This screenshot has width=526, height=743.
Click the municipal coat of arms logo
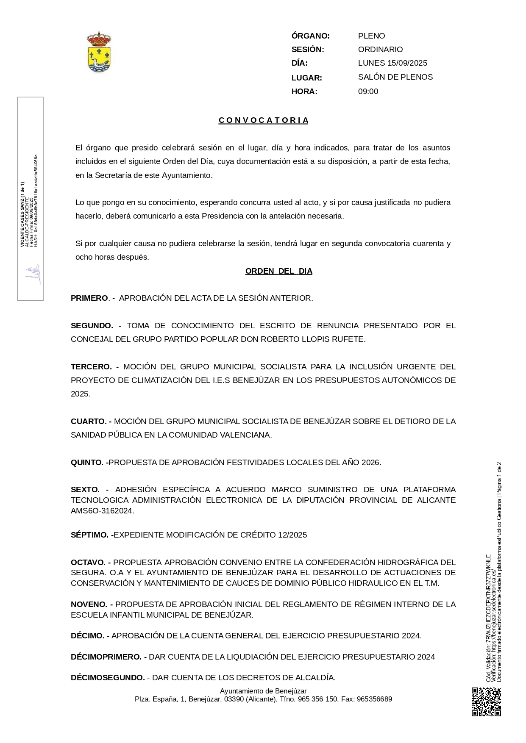[99, 52]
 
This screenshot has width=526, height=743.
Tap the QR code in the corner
[486, 702]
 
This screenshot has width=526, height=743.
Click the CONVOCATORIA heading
[264, 120]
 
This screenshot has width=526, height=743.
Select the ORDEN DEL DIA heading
[278, 271]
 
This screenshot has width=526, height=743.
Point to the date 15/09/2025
[407, 63]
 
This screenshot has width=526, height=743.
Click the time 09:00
[368, 91]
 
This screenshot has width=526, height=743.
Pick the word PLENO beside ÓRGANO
[371, 36]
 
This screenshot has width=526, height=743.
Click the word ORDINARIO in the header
[380, 50]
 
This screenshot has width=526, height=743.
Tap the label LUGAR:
[306, 78]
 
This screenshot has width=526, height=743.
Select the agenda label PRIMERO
[89, 298]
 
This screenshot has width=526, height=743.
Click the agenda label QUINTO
[87, 463]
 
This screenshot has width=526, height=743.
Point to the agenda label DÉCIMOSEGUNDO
[108, 678]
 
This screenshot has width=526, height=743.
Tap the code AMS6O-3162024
[102, 511]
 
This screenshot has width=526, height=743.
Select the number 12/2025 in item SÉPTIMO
[292, 535]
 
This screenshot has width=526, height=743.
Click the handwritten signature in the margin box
[33, 275]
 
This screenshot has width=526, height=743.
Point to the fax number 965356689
[374, 699]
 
